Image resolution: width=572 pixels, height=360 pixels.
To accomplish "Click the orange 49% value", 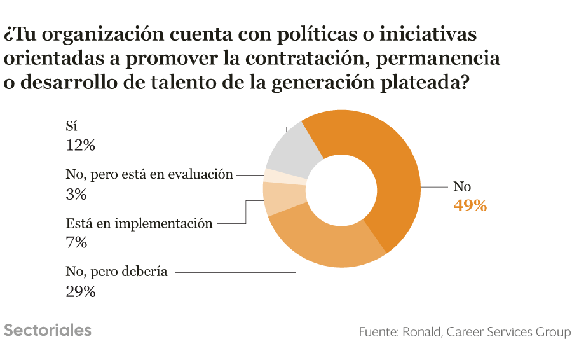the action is click(x=470, y=206).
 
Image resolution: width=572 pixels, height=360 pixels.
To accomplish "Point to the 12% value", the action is click(x=80, y=146).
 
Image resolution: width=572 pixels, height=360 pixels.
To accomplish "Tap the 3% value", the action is click(x=76, y=195).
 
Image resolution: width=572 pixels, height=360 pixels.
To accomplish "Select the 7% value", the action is click(x=76, y=243).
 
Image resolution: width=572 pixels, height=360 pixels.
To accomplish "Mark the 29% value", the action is click(x=81, y=292).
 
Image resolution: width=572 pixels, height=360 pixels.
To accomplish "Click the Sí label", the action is click(x=71, y=127).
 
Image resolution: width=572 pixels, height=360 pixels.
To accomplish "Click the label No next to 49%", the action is click(x=462, y=186).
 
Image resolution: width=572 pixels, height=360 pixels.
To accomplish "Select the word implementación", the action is click(x=163, y=223).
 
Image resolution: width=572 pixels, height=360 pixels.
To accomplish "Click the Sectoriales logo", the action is click(x=48, y=331).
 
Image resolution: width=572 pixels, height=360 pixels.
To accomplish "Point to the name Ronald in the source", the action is click(x=422, y=332).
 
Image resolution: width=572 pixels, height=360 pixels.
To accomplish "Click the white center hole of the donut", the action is click(x=341, y=190).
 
